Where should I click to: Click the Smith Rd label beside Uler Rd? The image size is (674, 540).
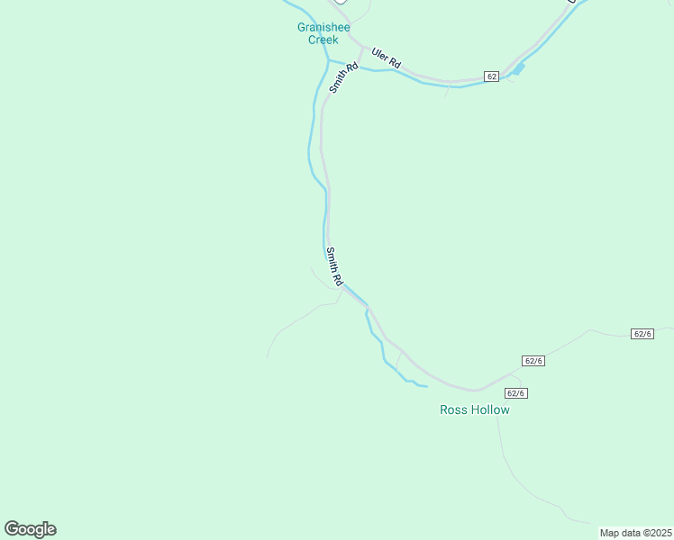343,77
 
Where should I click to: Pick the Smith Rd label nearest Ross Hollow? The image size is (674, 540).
334,267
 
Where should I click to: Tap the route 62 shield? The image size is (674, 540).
491,76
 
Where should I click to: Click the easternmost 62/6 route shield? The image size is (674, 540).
642,333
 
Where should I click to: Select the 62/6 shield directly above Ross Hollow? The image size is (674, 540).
515,392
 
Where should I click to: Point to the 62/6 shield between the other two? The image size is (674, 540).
533,361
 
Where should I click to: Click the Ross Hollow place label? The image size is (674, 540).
474,409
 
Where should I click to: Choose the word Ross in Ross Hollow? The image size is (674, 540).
452,409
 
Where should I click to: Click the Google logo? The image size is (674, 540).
30,529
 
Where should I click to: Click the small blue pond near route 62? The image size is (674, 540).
519,68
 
